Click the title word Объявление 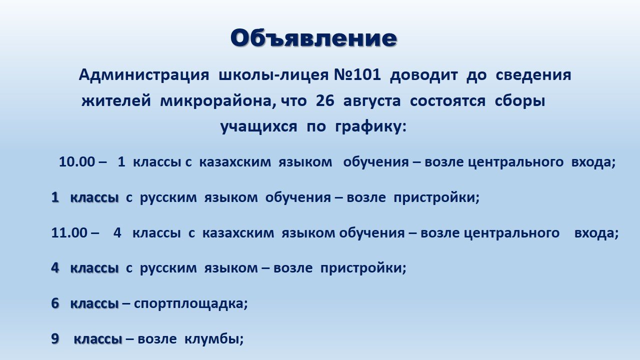[x=313, y=38]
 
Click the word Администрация [x=144, y=75]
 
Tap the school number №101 [x=357, y=75]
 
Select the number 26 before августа [x=325, y=101]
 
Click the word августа [x=371, y=102]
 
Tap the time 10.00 [x=76, y=162]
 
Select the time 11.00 [x=69, y=233]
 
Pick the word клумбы [x=211, y=339]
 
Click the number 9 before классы [x=55, y=339]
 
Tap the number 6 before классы [x=55, y=303]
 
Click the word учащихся [x=259, y=127]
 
